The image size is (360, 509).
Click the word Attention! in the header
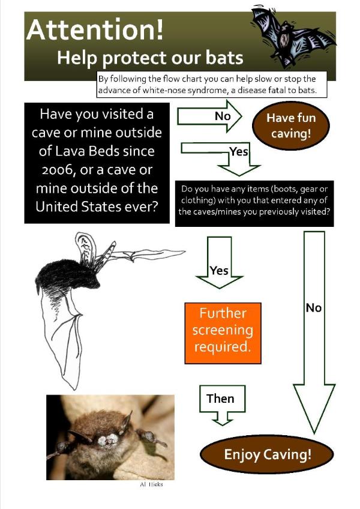point(94,29)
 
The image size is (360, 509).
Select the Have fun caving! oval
point(291,125)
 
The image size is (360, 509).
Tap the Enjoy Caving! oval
point(268,454)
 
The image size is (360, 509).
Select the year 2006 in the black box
point(53,170)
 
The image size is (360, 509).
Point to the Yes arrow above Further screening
point(220,264)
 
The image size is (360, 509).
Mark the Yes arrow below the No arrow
point(234,153)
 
